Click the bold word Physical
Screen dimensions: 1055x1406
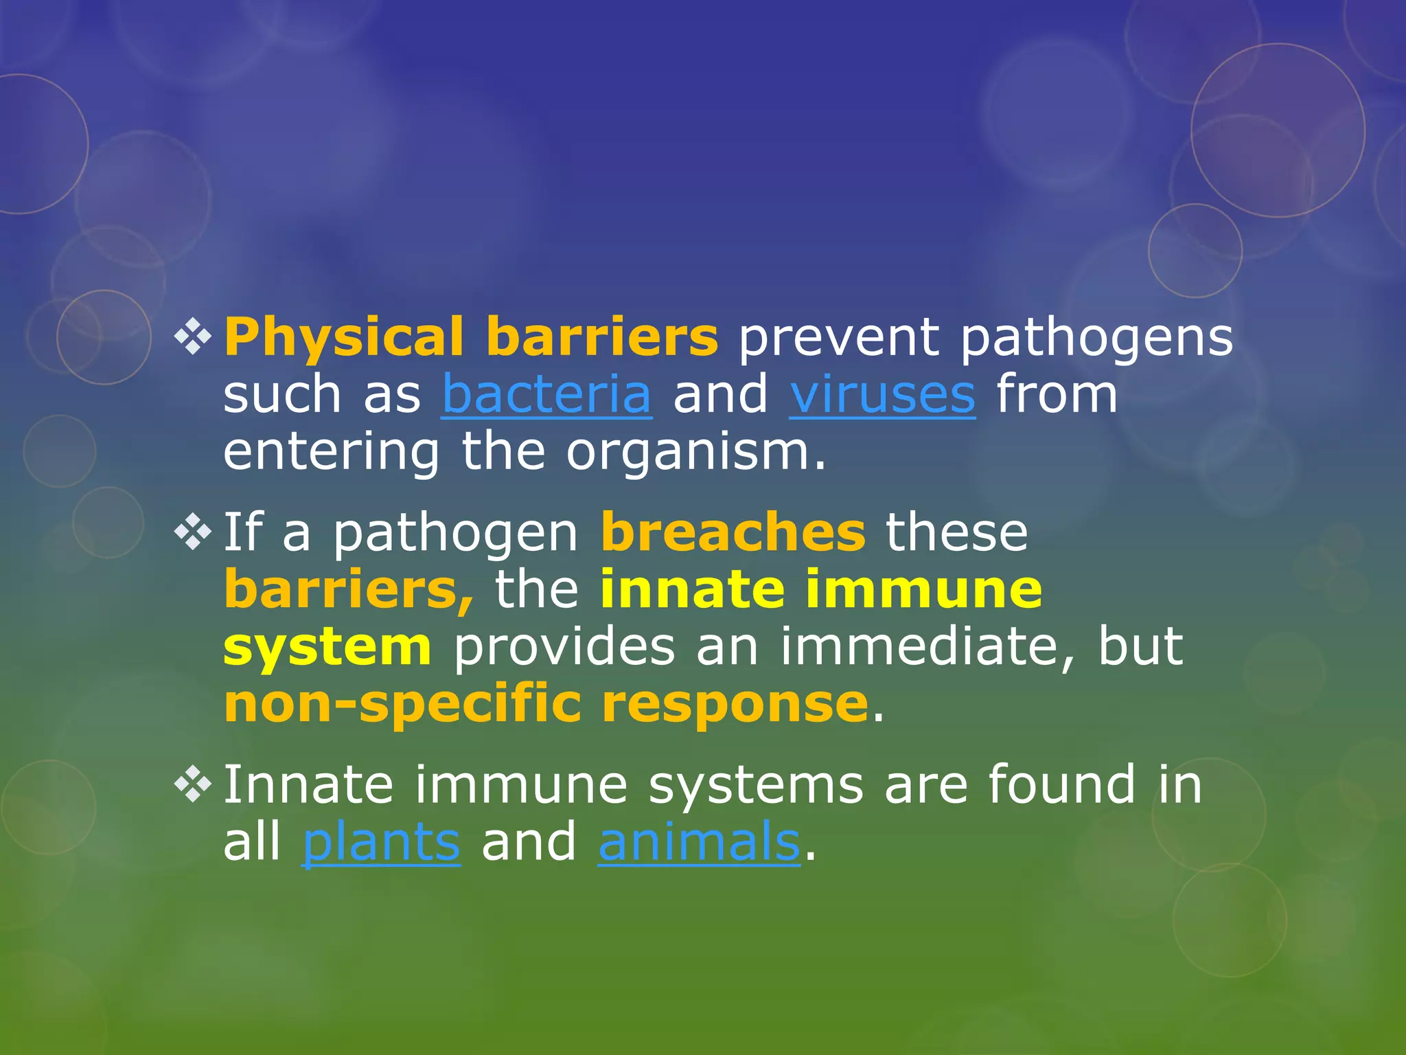pyautogui.click(x=344, y=337)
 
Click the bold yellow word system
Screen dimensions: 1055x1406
pyautogui.click(x=327, y=647)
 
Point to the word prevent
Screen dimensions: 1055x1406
pyautogui.click(x=838, y=337)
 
